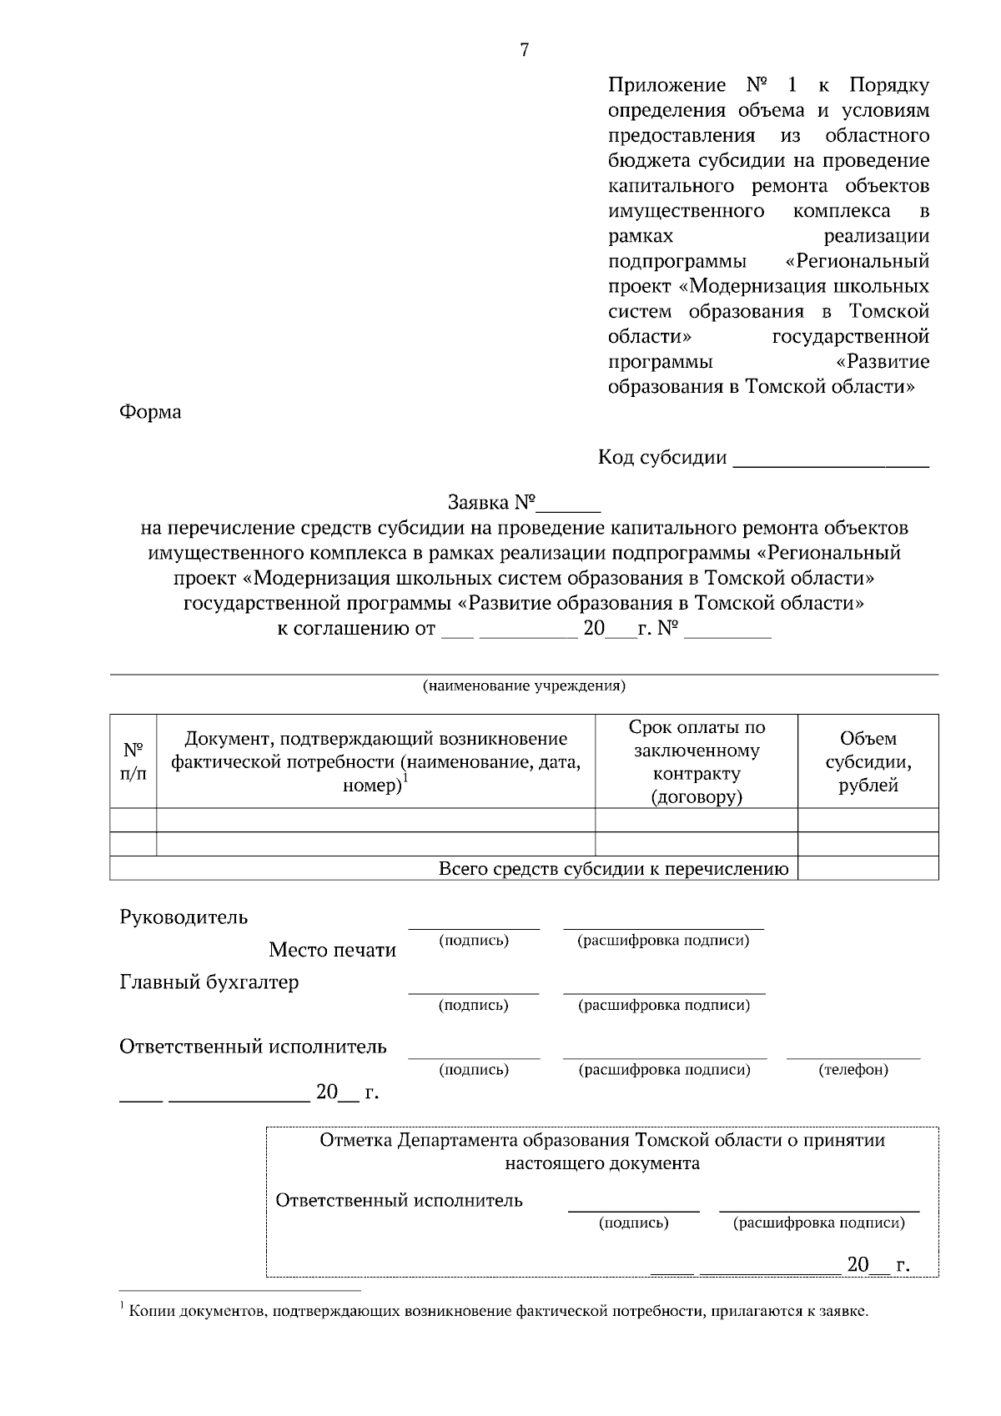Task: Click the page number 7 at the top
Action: tap(524, 51)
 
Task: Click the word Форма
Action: tap(150, 412)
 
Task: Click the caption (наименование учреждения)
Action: tap(524, 686)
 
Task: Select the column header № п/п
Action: tap(133, 761)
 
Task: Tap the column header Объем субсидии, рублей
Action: tap(868, 761)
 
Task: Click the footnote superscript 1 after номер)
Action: tap(405, 778)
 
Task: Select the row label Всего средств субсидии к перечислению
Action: tap(613, 869)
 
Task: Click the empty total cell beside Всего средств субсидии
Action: tap(868, 869)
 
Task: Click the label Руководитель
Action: tap(184, 917)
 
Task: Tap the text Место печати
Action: tap(332, 951)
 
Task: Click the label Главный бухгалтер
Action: tap(209, 982)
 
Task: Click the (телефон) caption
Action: tap(853, 1069)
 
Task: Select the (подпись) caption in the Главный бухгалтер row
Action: tap(474, 1005)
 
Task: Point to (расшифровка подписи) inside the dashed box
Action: tap(818, 1223)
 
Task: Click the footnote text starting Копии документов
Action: tap(499, 1312)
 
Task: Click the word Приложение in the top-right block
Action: tap(666, 86)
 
